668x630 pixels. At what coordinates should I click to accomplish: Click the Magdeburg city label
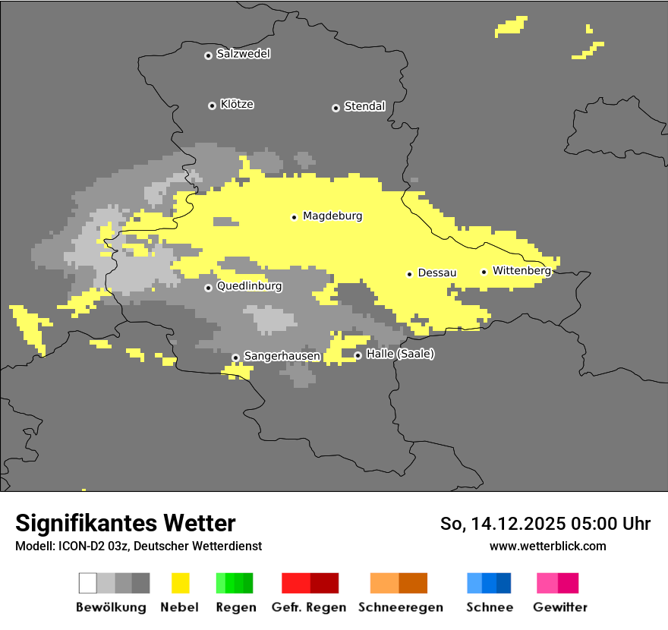point(332,216)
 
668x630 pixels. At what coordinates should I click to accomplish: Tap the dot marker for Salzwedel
point(208,55)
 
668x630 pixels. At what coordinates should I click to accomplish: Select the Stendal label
point(364,106)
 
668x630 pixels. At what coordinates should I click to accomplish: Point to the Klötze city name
point(237,104)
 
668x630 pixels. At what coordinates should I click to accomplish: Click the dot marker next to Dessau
point(409,274)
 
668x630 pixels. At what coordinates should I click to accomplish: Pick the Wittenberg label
point(521,270)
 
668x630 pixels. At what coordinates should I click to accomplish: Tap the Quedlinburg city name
point(249,286)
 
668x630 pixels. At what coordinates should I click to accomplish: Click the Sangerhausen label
point(282,355)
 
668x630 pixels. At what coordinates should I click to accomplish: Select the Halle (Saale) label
point(400,354)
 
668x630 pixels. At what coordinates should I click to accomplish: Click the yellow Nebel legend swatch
point(181,583)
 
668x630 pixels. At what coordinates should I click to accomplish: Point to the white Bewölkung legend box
point(87,583)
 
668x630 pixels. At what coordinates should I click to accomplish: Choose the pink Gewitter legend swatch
point(547,583)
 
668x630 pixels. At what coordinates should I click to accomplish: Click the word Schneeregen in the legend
point(400,607)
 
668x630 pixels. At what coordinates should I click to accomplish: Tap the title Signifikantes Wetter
point(125,523)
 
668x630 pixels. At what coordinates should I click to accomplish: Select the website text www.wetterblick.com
point(548,546)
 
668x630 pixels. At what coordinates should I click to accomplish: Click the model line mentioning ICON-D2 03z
point(138,546)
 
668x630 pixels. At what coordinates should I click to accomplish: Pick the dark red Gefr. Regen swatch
point(324,583)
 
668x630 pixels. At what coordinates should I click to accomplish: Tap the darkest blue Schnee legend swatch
point(504,583)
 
